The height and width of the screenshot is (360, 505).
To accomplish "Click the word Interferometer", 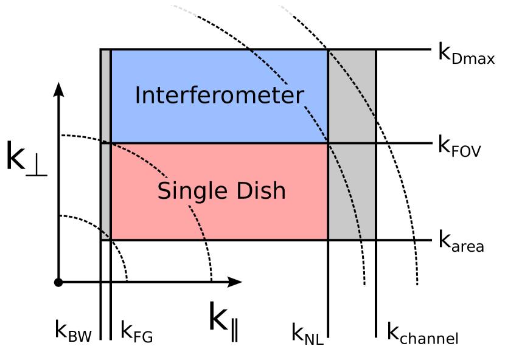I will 219,96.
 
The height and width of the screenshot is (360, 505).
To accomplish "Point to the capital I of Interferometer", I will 138,95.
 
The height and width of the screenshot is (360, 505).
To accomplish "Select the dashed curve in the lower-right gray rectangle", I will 352,195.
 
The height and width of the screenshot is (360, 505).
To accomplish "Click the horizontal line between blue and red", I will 219,143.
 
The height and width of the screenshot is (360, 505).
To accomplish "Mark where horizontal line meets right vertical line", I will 328,143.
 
